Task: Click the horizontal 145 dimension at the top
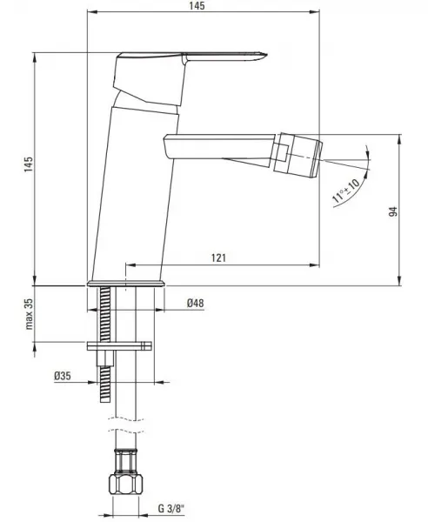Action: pos(197,6)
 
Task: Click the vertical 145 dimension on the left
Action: pos(29,164)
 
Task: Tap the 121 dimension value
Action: pos(218,258)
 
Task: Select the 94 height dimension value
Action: pos(393,211)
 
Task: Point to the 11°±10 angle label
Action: pos(346,191)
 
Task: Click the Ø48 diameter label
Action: pos(196,303)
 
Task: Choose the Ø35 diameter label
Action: pos(63,376)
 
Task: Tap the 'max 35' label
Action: pos(30,314)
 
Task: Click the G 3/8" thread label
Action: pos(171,509)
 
